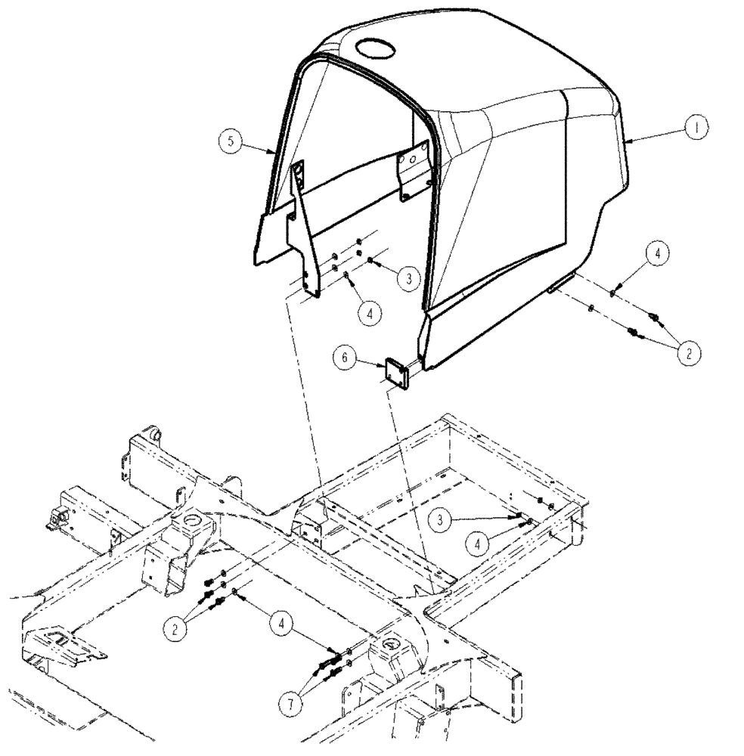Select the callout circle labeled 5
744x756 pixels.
[231, 141]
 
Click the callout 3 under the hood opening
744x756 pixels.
[408, 279]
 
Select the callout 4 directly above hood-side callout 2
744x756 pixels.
[656, 255]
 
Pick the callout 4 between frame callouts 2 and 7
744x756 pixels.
[283, 624]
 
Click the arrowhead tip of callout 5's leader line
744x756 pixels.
[273, 153]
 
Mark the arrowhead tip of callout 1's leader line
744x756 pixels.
[627, 141]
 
